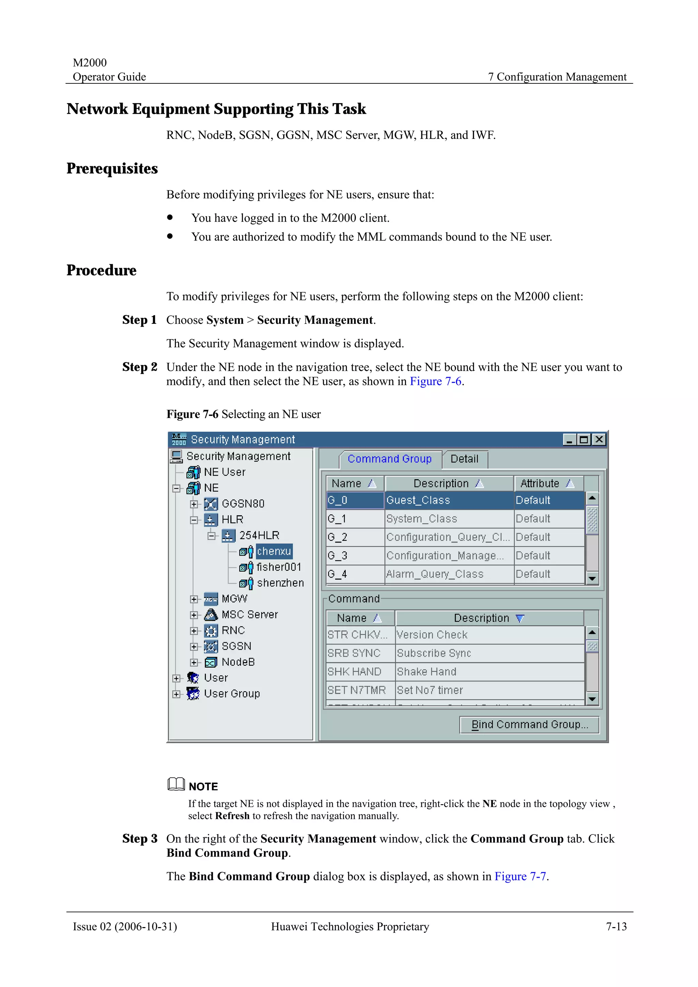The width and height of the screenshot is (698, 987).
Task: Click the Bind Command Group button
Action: pos(529,724)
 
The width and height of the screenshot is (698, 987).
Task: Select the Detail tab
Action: pos(464,459)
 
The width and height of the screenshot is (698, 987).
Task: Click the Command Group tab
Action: pos(389,459)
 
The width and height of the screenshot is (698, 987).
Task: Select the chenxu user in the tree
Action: pos(274,551)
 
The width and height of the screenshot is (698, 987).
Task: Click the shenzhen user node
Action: pos(280,583)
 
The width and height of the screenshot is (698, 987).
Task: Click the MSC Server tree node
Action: pos(249,614)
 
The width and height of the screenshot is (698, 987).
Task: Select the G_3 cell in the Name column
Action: pos(355,555)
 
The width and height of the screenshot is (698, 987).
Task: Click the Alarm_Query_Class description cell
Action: pos(449,574)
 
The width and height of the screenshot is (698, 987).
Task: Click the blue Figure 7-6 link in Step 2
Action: pos(435,381)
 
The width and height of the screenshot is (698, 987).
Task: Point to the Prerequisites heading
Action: pos(112,169)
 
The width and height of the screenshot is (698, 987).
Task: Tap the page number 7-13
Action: pos(616,926)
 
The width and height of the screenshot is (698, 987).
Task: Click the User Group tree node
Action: pos(231,693)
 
